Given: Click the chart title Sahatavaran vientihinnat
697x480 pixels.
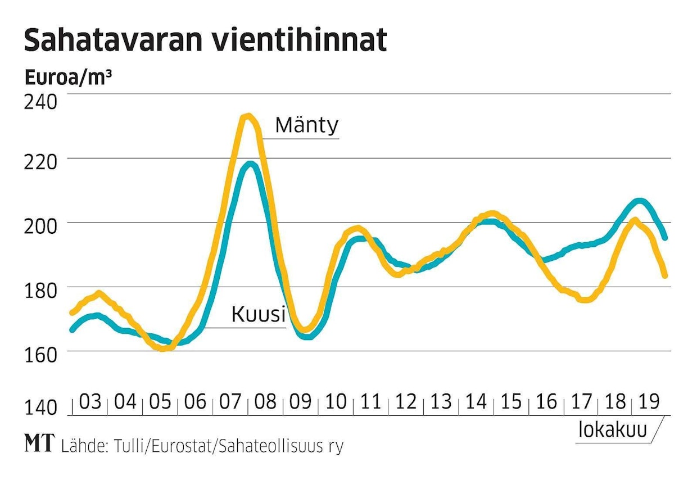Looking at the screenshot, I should pyautogui.click(x=205, y=40).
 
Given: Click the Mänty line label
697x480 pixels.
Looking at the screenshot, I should pyautogui.click(x=306, y=125).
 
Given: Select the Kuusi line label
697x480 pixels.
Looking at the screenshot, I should pyautogui.click(x=258, y=315).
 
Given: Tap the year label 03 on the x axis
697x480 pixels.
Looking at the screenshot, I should pyautogui.click(x=90, y=402).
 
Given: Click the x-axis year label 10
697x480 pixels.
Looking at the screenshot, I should pyautogui.click(x=336, y=402).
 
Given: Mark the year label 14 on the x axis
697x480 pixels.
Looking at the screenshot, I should pyautogui.click(x=476, y=402).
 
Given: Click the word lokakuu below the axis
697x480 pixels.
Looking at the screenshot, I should pyautogui.click(x=613, y=430).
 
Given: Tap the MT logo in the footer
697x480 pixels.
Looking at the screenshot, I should pyautogui.click(x=40, y=445).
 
